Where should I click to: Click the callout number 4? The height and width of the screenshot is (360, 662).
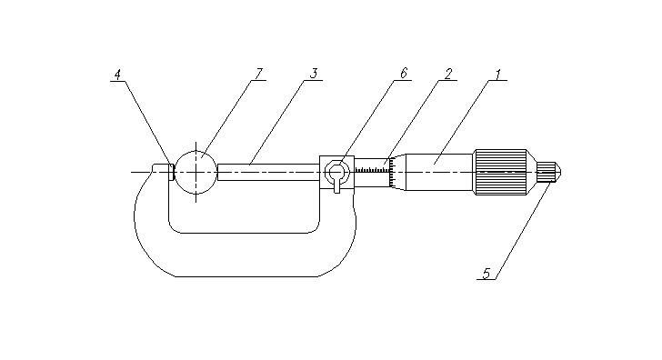point(117,75)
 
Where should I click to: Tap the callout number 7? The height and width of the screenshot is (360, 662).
point(259,74)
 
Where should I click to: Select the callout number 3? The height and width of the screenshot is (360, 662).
point(313,74)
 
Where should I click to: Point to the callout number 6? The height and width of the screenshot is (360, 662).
point(404,74)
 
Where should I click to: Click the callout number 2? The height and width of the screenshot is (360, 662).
point(448,74)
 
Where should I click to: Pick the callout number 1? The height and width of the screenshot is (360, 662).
point(497,75)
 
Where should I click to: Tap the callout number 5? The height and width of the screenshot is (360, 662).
point(486,274)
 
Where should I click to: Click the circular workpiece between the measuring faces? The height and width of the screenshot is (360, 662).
point(196,172)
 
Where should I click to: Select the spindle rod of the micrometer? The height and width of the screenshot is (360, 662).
point(268,172)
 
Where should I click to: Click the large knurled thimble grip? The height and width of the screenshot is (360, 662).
point(501,172)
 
